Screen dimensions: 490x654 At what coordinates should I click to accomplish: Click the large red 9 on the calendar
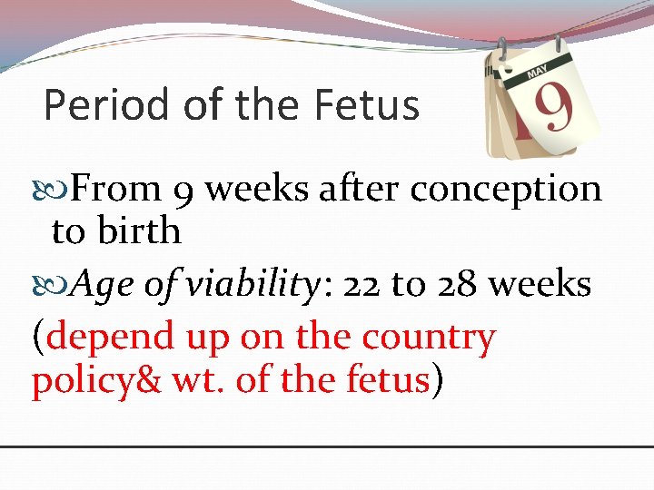coord(552,107)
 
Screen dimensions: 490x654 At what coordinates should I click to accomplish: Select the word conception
coord(506,189)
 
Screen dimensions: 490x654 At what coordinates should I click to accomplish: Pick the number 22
coord(361,285)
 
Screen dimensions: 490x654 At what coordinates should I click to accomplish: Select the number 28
coord(454,285)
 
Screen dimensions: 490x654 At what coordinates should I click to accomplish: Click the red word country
coord(429,338)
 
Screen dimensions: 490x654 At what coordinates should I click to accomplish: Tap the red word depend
coord(110,338)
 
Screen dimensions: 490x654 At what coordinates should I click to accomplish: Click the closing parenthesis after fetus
coord(438,381)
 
